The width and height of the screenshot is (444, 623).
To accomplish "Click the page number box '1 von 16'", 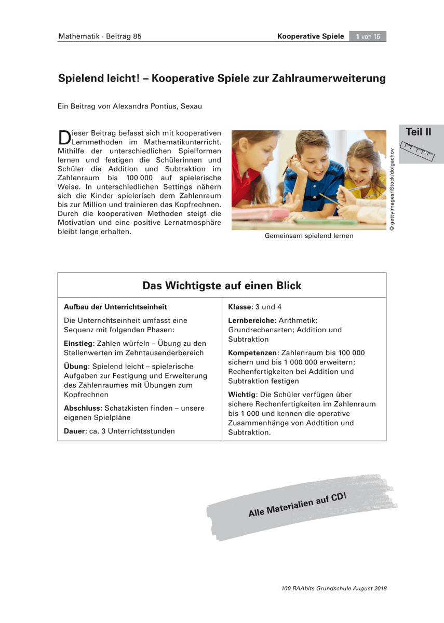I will point(368,36).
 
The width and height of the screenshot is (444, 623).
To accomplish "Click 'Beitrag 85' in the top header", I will point(124,36).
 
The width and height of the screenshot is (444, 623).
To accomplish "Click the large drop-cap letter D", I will point(64,138).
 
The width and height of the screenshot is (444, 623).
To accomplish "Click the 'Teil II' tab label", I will point(418,132).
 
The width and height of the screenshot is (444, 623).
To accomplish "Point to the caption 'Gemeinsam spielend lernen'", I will point(308,236).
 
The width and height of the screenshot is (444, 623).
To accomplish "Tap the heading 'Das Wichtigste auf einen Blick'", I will point(222,286).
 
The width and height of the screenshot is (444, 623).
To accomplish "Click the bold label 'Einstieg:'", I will point(78,343).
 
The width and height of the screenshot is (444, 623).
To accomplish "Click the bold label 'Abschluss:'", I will point(82,408).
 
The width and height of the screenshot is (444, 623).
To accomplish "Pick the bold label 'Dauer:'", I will point(74,431).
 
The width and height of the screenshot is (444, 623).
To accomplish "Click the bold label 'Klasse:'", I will point(241,307).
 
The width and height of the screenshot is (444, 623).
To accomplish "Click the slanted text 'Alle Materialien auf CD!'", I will point(298,503).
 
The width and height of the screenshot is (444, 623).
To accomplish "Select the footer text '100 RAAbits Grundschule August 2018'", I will point(334,589).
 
